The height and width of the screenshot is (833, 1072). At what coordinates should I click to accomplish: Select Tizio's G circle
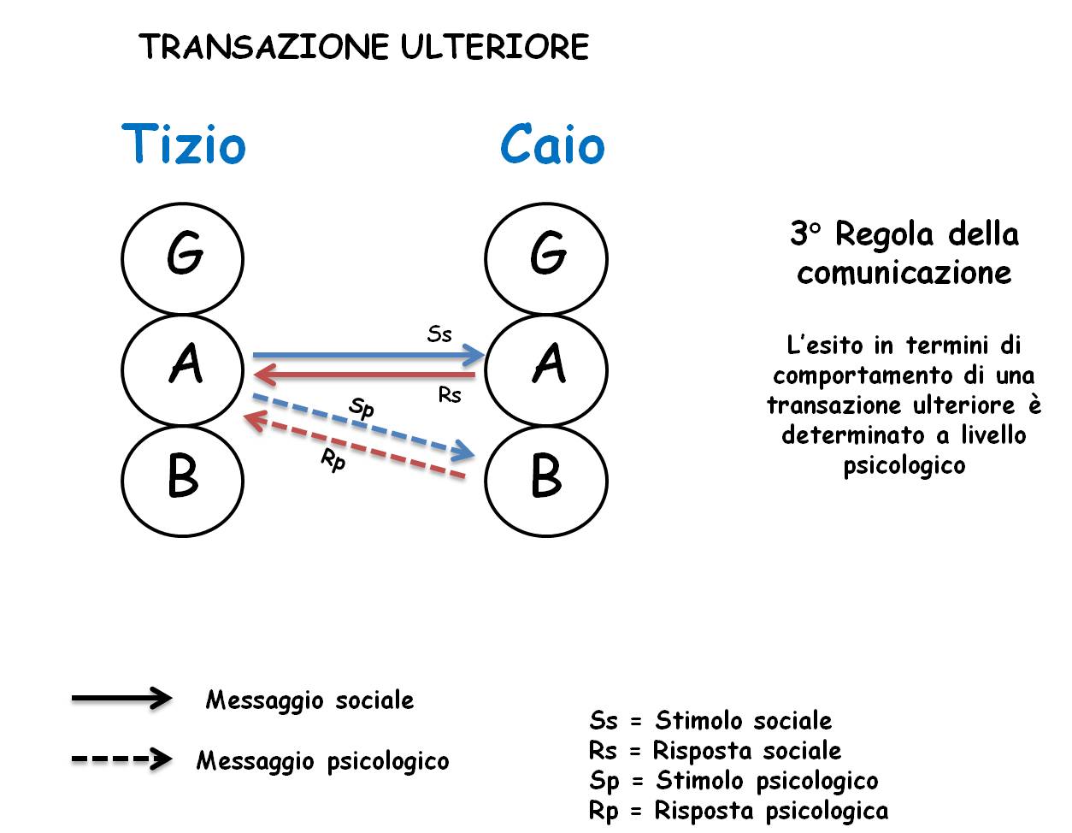click(x=183, y=204)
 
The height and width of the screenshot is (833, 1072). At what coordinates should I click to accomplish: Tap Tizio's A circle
click(x=183, y=316)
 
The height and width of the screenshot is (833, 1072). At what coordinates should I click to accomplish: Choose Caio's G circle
click(x=546, y=204)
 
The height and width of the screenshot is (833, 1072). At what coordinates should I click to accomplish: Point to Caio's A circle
click(x=546, y=316)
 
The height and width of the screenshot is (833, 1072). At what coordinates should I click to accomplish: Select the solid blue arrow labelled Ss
click(x=368, y=355)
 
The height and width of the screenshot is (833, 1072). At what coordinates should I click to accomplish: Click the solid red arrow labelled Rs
click(x=364, y=375)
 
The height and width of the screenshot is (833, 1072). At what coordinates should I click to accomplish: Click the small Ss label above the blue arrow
click(x=439, y=334)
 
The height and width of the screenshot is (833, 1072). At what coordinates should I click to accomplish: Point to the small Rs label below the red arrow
click(x=450, y=395)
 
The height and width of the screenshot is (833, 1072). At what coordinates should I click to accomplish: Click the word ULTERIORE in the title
click(x=495, y=47)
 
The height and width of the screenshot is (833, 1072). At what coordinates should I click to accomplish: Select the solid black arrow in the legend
click(x=122, y=698)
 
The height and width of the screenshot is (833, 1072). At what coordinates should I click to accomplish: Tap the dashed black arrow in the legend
click(x=122, y=759)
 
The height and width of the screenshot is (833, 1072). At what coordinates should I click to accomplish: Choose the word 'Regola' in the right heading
click(x=884, y=235)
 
